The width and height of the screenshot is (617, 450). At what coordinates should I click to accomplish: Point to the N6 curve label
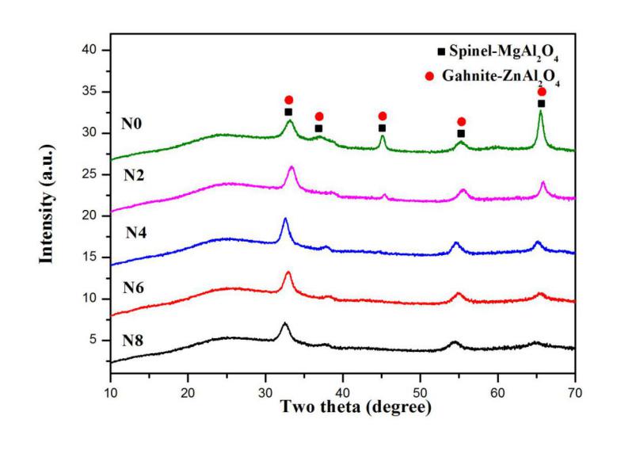pos(134,286)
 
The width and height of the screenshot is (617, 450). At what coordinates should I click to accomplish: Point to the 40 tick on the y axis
pos(94,50)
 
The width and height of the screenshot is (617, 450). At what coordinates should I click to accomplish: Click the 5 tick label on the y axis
pos(97,340)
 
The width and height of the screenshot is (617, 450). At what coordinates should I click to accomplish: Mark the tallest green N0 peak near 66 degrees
pos(541,112)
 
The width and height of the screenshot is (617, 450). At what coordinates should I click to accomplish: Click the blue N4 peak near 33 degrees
pos(285,219)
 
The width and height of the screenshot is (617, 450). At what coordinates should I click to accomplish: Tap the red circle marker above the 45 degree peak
pos(383,116)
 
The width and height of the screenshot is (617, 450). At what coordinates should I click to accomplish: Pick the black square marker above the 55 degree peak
pos(461,134)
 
